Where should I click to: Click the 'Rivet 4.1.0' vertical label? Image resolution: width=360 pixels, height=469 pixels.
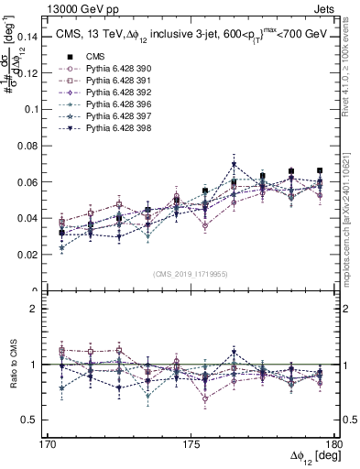352,73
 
